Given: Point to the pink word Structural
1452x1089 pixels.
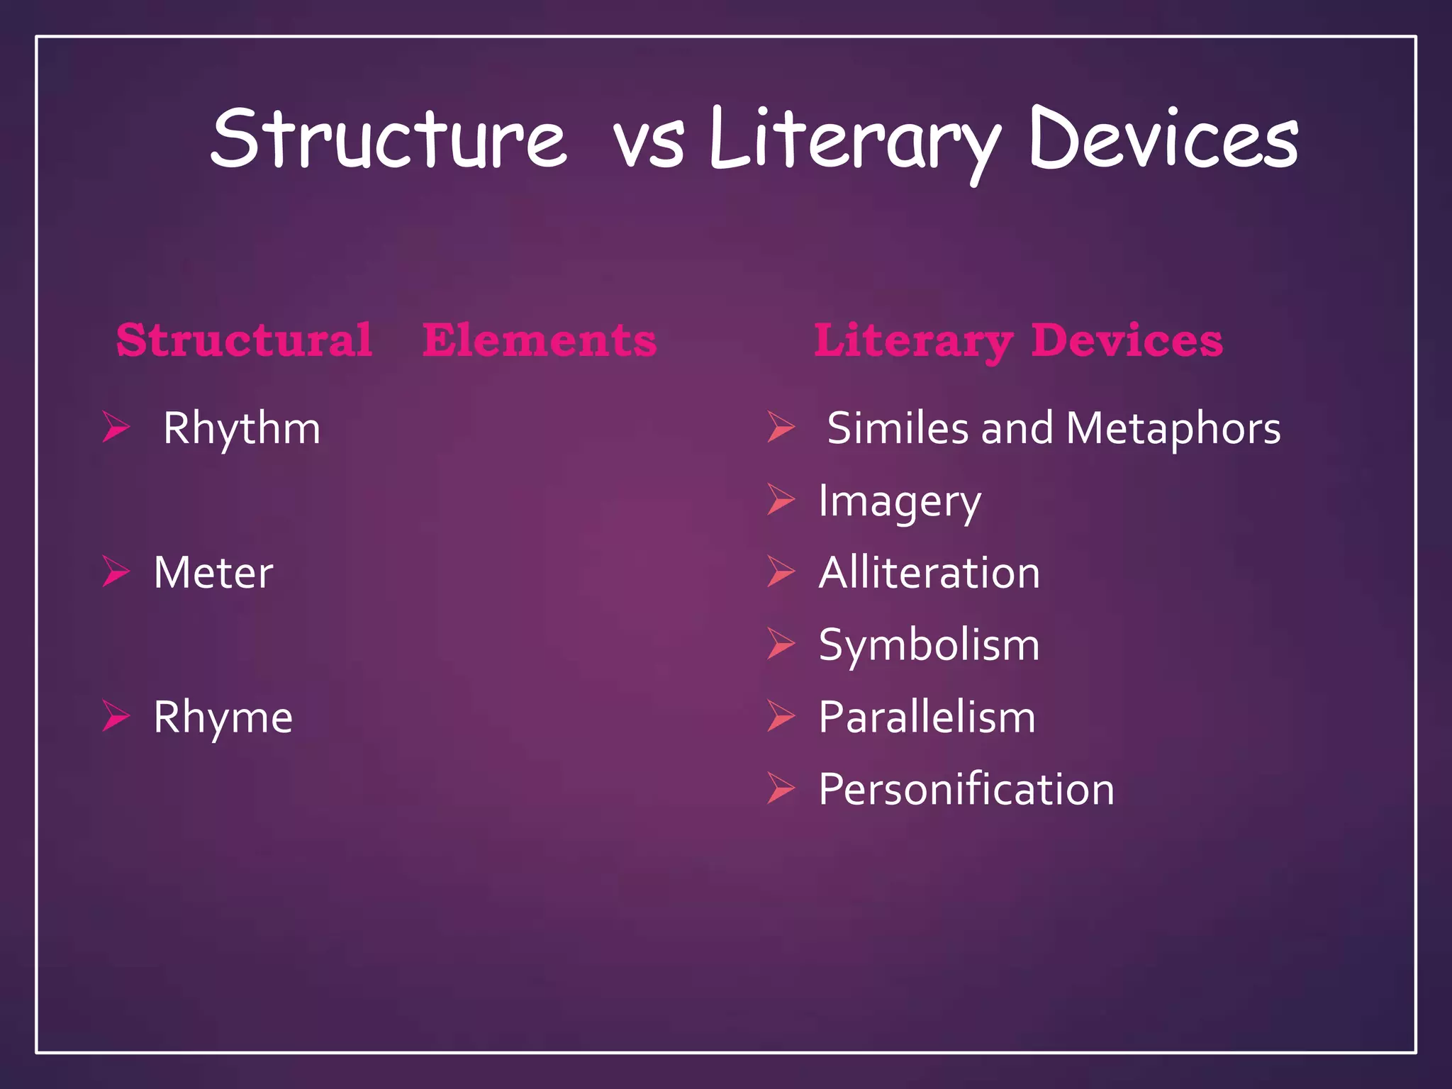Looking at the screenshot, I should [x=244, y=340].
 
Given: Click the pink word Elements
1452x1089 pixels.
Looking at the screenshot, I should [x=540, y=340].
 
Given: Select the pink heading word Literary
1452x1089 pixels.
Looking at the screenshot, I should [x=913, y=342].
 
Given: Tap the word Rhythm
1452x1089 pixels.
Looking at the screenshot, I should [x=242, y=429].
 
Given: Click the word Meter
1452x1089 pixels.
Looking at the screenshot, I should [x=213, y=573].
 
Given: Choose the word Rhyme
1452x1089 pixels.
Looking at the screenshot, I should [x=223, y=717].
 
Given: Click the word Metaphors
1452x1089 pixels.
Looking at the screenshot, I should [x=1173, y=429].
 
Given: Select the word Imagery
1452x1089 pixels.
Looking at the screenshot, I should [x=900, y=502].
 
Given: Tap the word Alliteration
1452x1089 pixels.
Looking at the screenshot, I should [x=929, y=573].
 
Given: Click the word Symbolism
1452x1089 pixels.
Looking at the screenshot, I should [x=929, y=645].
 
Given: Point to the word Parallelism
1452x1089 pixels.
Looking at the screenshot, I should [x=927, y=717].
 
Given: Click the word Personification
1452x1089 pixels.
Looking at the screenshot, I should [x=966, y=789].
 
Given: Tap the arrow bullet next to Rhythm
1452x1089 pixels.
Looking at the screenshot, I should [x=116, y=427].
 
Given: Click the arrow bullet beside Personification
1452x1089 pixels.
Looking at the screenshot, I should [x=781, y=788].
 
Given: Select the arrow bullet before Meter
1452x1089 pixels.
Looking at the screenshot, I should [x=116, y=571].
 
